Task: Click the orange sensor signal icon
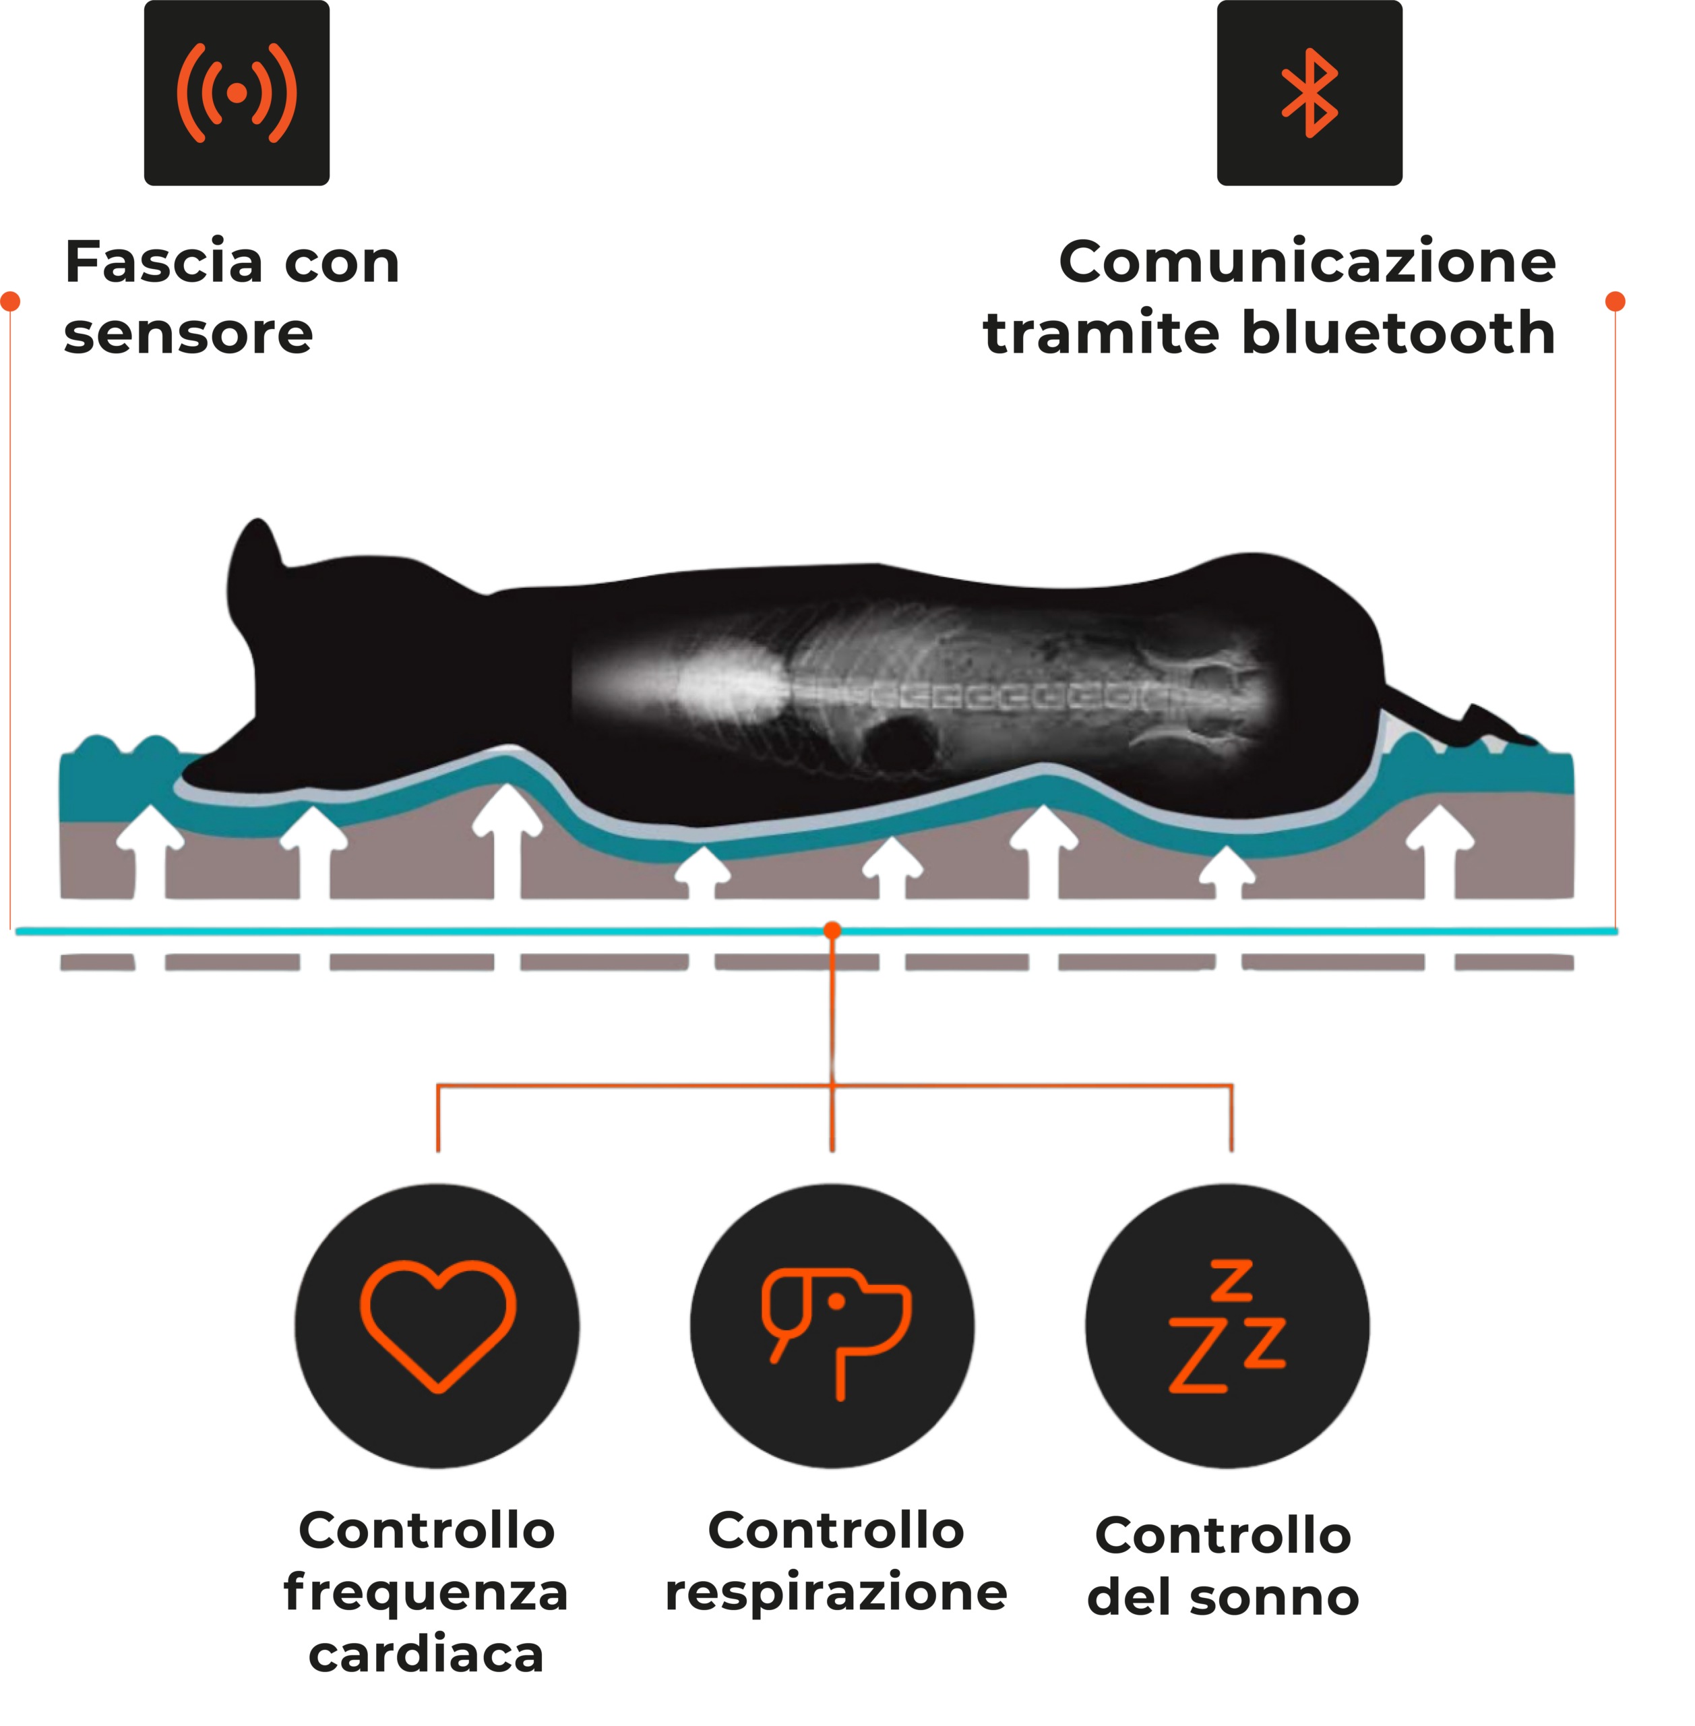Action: [x=237, y=92]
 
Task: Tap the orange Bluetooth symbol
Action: [x=1309, y=92]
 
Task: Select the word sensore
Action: [x=189, y=334]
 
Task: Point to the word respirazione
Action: [x=836, y=1593]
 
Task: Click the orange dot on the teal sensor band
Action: [x=832, y=930]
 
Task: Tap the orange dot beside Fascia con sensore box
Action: [x=10, y=302]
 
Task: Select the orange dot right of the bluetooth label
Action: [x=1615, y=302]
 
